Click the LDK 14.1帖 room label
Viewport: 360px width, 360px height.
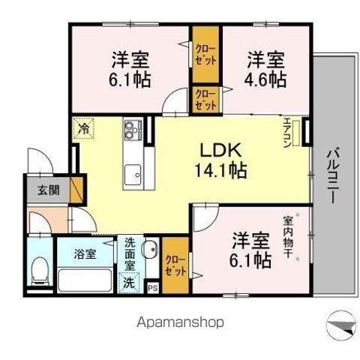220,160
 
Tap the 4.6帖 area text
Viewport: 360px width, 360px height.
265,79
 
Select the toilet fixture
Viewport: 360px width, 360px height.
40,271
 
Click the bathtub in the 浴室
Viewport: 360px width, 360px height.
85,280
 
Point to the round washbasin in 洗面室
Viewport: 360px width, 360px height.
149,249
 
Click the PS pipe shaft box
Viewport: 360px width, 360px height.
153,288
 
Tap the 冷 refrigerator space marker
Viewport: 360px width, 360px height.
83,129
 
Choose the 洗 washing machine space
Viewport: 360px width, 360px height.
129,283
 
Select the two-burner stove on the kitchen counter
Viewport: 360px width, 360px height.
133,130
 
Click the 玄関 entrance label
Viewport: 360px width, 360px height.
49,190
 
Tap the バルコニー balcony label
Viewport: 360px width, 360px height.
333,175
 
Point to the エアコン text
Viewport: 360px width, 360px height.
287,132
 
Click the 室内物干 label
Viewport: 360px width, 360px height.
288,236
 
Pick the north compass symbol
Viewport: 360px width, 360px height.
341,325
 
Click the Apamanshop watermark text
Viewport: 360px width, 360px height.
180,322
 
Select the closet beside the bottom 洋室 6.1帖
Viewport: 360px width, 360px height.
175,265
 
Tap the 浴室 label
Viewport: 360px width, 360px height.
85,254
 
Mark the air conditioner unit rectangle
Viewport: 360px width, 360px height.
296,133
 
